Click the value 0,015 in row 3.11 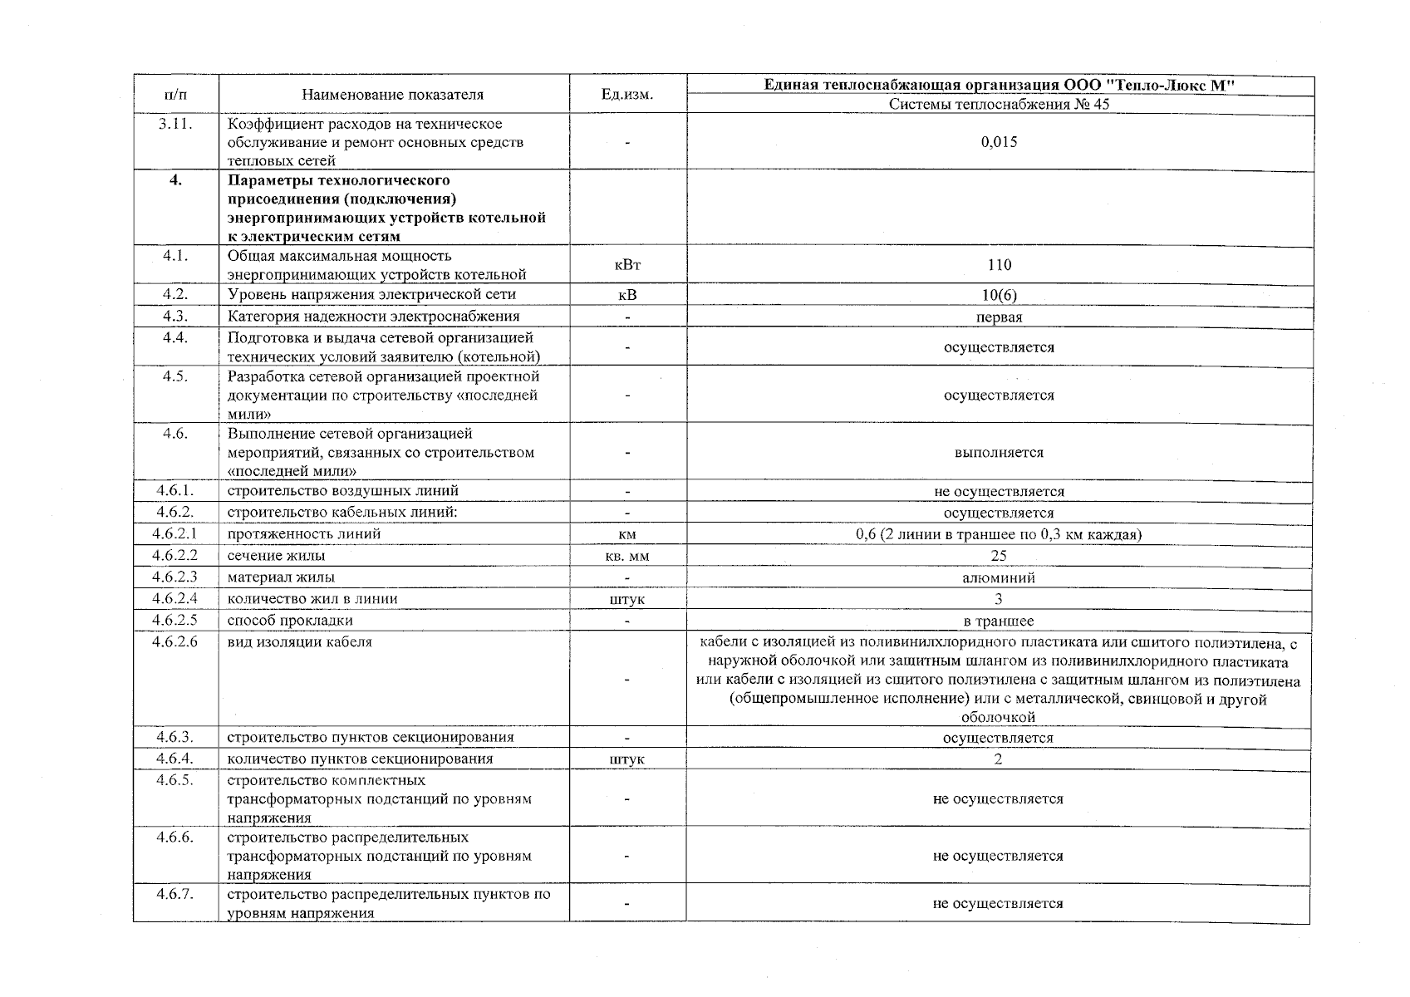(x=999, y=142)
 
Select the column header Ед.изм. (x=627, y=95)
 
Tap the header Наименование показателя (x=392, y=95)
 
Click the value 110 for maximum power (x=1000, y=265)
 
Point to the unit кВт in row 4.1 (x=627, y=265)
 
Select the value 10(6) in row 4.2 (x=999, y=295)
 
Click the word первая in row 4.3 (x=999, y=317)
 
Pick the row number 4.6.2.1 (x=175, y=534)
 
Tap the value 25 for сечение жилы (x=999, y=556)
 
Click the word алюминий (x=999, y=577)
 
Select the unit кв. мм (x=627, y=556)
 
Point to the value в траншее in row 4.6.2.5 (x=999, y=621)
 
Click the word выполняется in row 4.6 (x=999, y=453)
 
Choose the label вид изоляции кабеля (x=300, y=642)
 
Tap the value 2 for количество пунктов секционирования (x=999, y=759)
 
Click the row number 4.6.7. (x=175, y=894)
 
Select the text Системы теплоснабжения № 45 (x=999, y=105)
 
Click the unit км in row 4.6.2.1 (x=627, y=534)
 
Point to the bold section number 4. (x=175, y=180)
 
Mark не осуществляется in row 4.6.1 (x=999, y=492)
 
